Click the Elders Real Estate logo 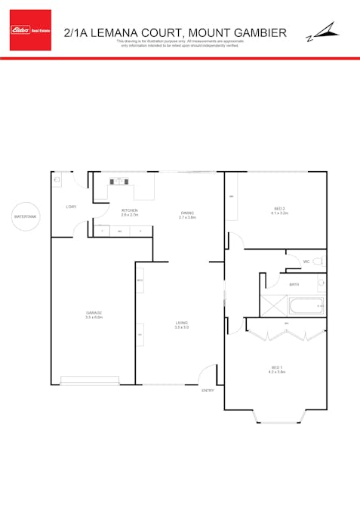30,30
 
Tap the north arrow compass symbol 322,32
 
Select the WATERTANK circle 25,216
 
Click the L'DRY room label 71,207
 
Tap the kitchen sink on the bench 119,181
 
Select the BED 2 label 279,210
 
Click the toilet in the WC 318,261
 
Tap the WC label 306,262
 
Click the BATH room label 294,284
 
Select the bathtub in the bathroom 306,307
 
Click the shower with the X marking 273,305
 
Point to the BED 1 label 276,369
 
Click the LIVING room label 180,325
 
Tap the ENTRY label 208,391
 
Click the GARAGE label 94,314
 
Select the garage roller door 89,381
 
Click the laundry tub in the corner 57,181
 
